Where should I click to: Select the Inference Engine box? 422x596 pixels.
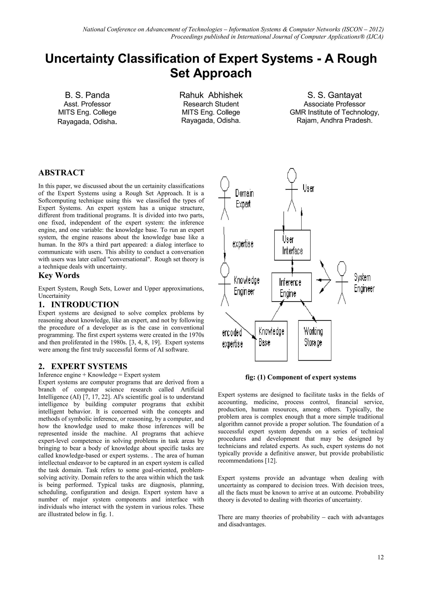coord(291,287)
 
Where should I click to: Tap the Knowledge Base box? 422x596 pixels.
coord(271,341)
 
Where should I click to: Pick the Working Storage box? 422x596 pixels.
coord(314,340)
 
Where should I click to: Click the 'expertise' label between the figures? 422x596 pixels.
coord(243,244)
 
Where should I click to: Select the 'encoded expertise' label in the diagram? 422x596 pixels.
coord(232,338)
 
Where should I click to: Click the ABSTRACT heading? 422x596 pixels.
coord(61,173)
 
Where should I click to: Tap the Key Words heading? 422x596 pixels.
coord(59,275)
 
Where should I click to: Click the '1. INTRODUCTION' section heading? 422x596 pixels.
coord(79,304)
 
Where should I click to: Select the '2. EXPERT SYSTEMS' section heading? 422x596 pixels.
coord(83,366)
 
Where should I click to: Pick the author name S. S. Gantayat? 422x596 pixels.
coord(334,95)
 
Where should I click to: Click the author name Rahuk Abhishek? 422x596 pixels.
coord(211,95)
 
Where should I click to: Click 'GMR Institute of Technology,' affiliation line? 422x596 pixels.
coord(334,112)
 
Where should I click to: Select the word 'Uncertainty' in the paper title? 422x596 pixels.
coord(80,59)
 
